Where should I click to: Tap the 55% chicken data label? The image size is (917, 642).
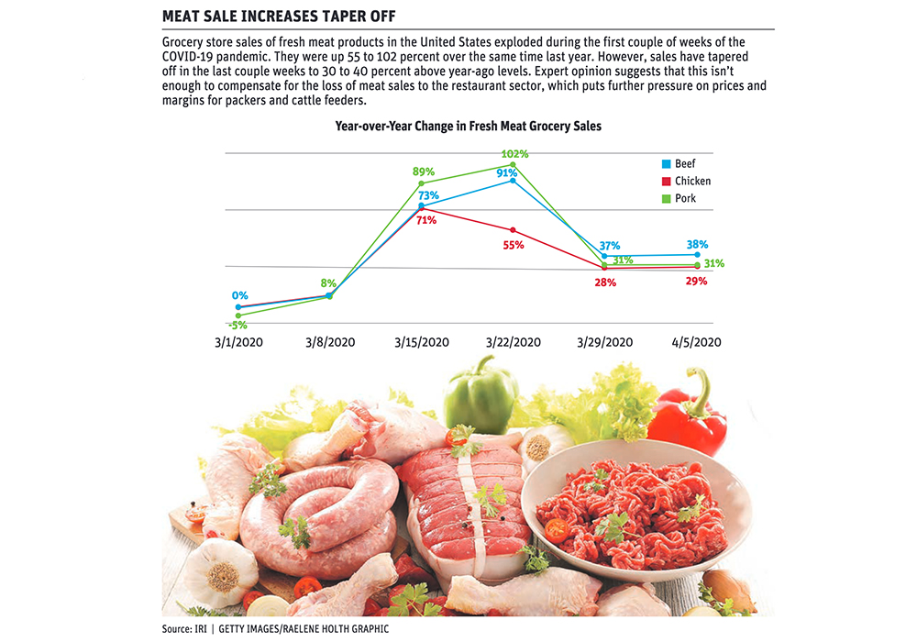click(513, 245)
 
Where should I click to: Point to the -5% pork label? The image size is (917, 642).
click(238, 325)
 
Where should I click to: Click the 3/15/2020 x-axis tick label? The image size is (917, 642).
click(422, 342)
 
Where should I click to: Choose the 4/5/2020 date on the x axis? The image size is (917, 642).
click(697, 342)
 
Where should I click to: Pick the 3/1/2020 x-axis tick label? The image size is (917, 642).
click(238, 342)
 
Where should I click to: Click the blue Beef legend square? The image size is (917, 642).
click(667, 164)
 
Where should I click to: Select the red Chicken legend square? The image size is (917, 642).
click(667, 182)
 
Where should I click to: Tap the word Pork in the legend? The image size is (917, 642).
click(685, 198)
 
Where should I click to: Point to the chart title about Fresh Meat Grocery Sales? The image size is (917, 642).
click(468, 127)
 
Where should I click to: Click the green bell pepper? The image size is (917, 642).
click(481, 396)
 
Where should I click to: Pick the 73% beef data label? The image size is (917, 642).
click(429, 195)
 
